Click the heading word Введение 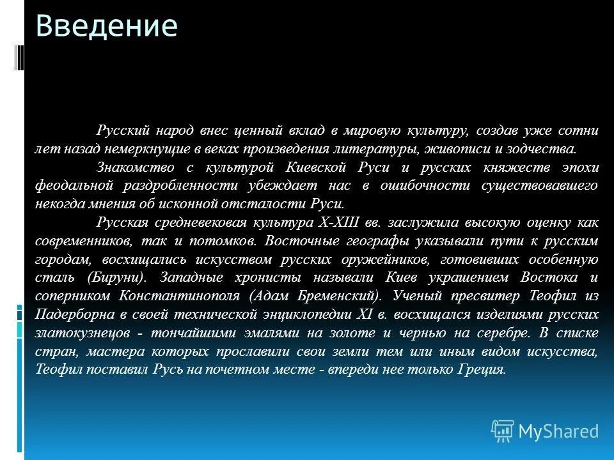click(106, 27)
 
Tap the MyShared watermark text click(558, 431)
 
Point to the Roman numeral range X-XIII click(333, 222)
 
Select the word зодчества click(546, 149)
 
